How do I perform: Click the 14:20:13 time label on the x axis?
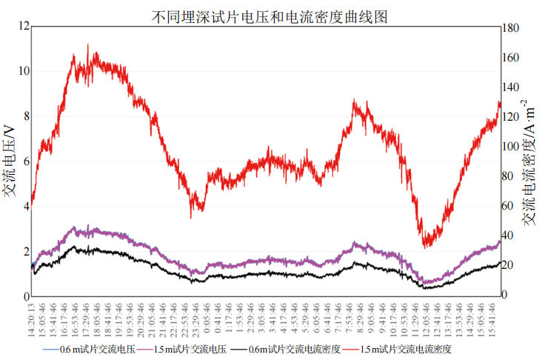click(x=33, y=319)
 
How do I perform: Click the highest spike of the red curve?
click(x=88, y=44)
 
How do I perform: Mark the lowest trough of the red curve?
click(x=425, y=247)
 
